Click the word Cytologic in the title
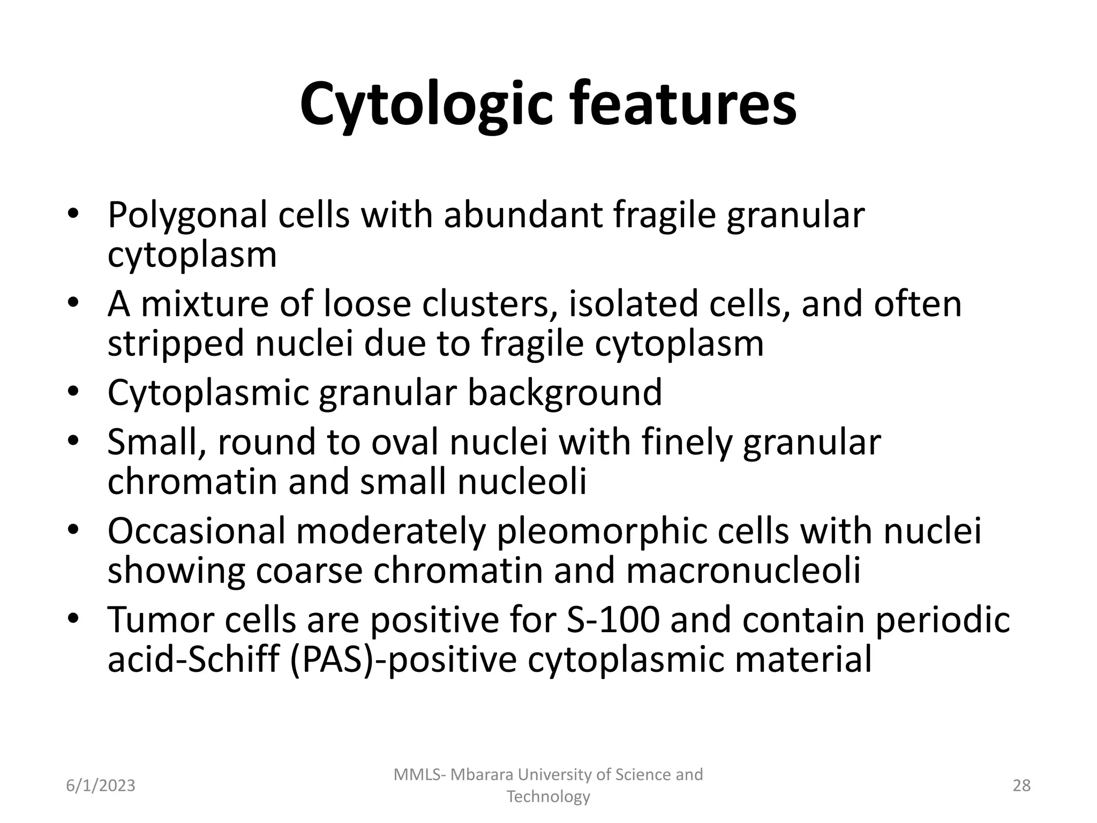[426, 104]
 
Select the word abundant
[523, 215]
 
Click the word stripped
[176, 344]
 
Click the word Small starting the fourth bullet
[156, 443]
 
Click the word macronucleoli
[743, 571]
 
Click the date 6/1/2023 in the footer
[100, 786]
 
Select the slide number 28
[1021, 786]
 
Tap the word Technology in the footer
[548, 797]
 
